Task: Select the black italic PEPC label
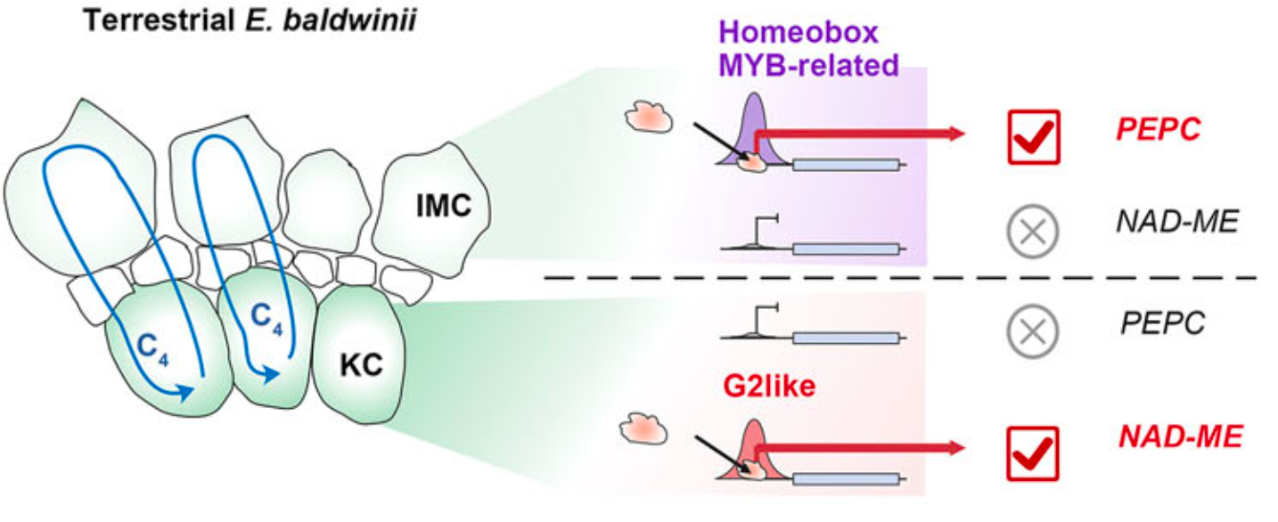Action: pos(1163,322)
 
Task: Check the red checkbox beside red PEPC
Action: pos(1034,137)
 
